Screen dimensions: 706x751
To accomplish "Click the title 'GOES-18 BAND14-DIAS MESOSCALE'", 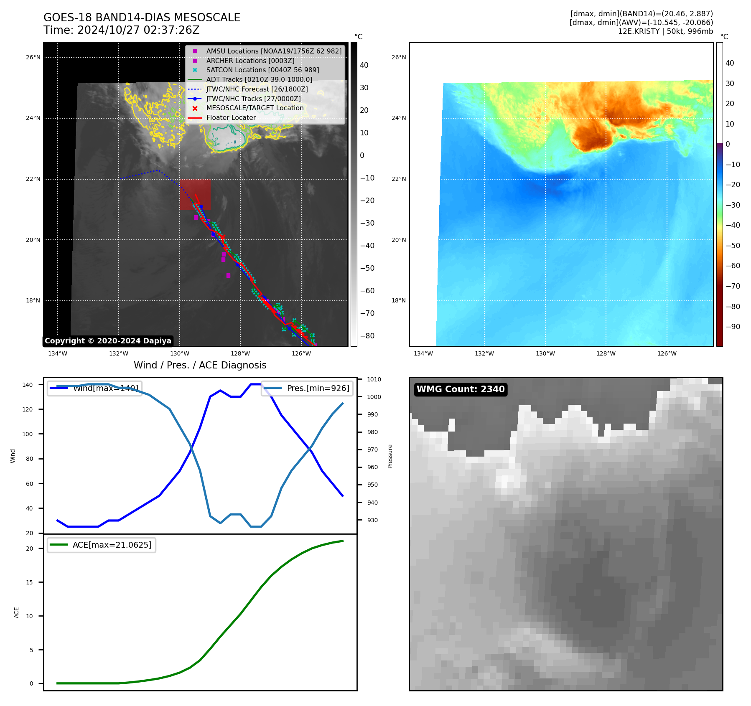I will [x=142, y=18].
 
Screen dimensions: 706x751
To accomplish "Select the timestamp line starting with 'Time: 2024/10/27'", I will [x=121, y=30].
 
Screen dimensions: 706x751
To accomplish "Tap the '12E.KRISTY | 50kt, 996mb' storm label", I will [x=665, y=31].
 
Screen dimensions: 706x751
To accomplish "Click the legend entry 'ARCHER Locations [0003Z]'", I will [x=250, y=61].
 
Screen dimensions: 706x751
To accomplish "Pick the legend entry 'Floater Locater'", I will [x=231, y=118].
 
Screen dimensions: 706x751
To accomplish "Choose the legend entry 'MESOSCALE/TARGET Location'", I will [x=255, y=108].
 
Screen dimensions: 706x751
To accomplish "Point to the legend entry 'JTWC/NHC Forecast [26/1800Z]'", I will [x=257, y=89].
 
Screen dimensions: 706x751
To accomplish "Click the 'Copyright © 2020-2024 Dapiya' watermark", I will [x=108, y=341].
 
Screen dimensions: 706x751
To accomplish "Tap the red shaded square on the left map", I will [x=195, y=195].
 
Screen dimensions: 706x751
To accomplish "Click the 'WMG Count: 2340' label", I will [x=461, y=389].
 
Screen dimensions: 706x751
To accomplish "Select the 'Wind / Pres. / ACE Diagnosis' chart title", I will [x=200, y=365].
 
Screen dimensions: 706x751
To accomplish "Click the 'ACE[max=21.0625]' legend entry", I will [x=112, y=545].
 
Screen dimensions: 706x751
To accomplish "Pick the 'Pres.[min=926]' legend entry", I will [x=318, y=388].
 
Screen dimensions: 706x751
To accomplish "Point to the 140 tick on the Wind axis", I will [x=28, y=385].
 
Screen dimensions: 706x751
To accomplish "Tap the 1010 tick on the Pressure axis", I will [x=374, y=379].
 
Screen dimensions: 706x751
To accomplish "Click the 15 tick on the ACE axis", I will [x=29, y=582].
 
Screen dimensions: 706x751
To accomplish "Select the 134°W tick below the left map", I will [x=58, y=354].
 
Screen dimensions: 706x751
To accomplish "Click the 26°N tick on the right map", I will [x=398, y=58].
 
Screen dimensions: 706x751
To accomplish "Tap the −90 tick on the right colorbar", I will [x=733, y=327].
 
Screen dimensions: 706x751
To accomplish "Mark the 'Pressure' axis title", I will [x=390, y=456].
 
